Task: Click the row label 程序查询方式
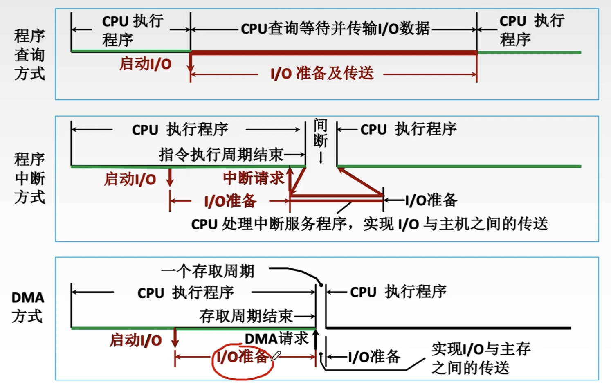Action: click(29, 54)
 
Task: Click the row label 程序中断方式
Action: click(29, 178)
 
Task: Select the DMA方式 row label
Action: click(28, 307)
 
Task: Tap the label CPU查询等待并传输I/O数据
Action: click(335, 29)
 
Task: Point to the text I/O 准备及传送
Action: click(322, 74)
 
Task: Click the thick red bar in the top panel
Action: click(334, 52)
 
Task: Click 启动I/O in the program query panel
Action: click(145, 64)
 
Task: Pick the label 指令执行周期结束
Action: click(221, 155)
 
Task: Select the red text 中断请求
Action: click(254, 178)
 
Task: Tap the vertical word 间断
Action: click(321, 133)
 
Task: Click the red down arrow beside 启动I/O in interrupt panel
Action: click(170, 178)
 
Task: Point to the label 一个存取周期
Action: click(208, 271)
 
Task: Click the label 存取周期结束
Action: click(246, 316)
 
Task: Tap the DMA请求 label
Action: click(276, 338)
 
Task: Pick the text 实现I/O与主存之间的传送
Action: click(481, 358)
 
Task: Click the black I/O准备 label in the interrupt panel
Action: click(431, 200)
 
